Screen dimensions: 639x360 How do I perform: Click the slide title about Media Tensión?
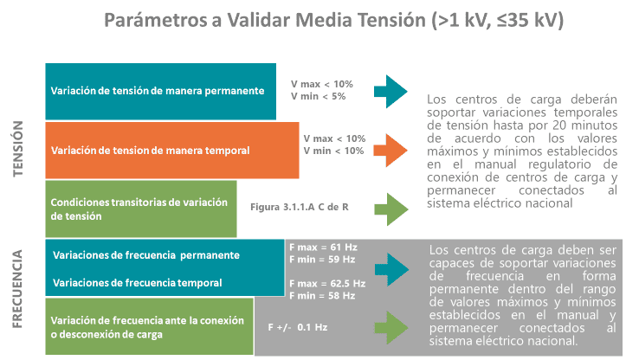pyautogui.click(x=333, y=20)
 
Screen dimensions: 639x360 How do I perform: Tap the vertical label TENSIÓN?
pyautogui.click(x=17, y=149)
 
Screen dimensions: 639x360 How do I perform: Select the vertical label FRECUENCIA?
pyautogui.click(x=16, y=289)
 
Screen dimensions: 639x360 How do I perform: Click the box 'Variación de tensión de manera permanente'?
pyautogui.click(x=160, y=91)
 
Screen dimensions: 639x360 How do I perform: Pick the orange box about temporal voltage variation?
pyautogui.click(x=172, y=151)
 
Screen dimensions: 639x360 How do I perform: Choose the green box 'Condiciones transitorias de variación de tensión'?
pyautogui.click(x=141, y=209)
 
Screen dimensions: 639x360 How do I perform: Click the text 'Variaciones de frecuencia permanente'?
pyautogui.click(x=146, y=255)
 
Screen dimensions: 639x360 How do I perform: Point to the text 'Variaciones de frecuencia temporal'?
pyautogui.click(x=138, y=283)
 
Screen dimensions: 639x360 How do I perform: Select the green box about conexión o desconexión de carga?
pyautogui.click(x=149, y=326)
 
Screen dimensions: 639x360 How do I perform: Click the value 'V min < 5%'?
pyautogui.click(x=318, y=97)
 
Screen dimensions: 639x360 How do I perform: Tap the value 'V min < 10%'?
pyautogui.click(x=333, y=151)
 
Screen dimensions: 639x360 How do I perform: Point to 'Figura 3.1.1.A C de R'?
pyautogui.click(x=299, y=207)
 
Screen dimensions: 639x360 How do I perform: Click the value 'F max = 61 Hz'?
pyautogui.click(x=323, y=247)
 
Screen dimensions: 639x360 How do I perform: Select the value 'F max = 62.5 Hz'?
pyautogui.click(x=327, y=284)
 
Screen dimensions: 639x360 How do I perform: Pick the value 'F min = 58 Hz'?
pyautogui.click(x=322, y=296)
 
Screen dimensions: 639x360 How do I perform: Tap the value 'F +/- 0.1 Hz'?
pyautogui.click(x=298, y=327)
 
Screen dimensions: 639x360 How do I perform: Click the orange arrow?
pyautogui.click(x=390, y=151)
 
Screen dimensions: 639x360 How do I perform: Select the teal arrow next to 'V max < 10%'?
pyautogui.click(x=390, y=91)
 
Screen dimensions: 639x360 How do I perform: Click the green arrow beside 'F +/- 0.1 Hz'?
pyautogui.click(x=391, y=327)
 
